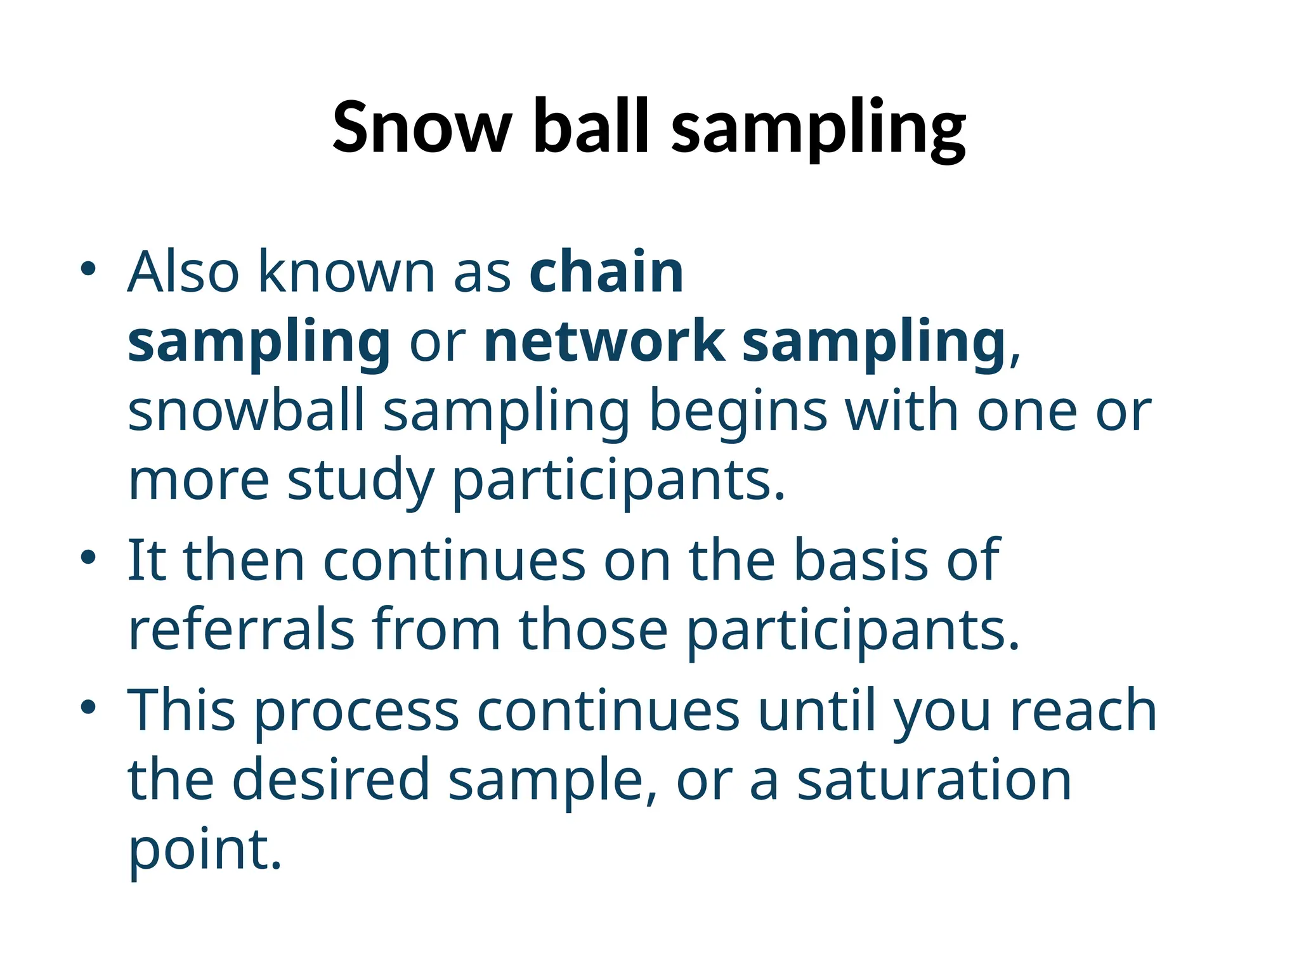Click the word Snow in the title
pos(421,128)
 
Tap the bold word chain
pos(606,273)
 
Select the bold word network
pos(604,342)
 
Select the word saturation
pos(934,781)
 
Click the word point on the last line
pos(204,851)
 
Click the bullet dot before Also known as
pos(88,269)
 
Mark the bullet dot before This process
pos(88,707)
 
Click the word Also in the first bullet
pos(184,273)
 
